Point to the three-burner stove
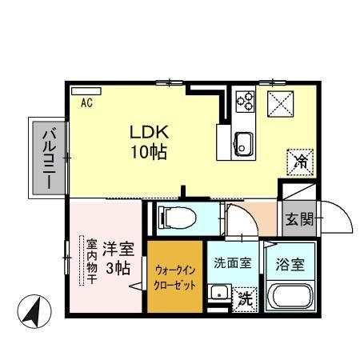tap(245, 102)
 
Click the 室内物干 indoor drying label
tap(92, 262)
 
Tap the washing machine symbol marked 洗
tap(245, 301)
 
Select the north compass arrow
tap(32, 310)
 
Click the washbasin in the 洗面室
tap(217, 295)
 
